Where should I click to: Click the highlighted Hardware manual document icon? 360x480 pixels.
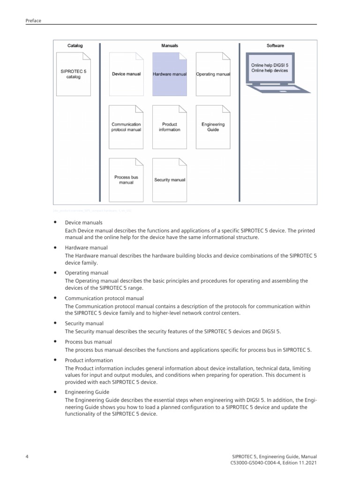170,74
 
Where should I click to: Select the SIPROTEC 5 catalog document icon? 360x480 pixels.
74,74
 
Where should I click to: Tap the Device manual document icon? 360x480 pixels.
126,74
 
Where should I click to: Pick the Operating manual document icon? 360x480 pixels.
213,74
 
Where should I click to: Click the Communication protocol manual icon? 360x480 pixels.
126,127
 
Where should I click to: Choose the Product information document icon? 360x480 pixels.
170,127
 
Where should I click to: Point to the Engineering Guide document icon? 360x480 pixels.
213,127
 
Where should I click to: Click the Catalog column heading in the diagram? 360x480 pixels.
75,46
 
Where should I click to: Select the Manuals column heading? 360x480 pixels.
170,46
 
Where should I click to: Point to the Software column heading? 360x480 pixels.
275,46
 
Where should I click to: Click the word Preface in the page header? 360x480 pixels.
33,21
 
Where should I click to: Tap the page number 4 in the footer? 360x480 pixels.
27,456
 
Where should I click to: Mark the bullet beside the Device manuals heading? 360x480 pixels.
55,222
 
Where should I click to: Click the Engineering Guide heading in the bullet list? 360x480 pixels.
87,392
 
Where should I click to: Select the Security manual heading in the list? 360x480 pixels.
84,323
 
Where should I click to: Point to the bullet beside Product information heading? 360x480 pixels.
55,360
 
